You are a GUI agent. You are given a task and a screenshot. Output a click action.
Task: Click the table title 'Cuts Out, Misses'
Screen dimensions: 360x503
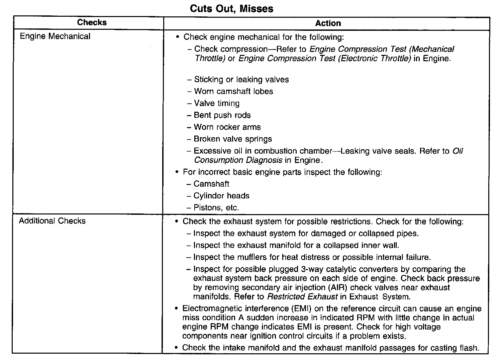pos(231,8)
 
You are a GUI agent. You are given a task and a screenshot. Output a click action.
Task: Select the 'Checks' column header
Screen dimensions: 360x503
pos(92,23)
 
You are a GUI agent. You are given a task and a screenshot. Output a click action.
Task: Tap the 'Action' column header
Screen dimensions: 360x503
pos(328,23)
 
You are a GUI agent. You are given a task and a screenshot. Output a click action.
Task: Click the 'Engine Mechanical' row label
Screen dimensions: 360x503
pos(55,36)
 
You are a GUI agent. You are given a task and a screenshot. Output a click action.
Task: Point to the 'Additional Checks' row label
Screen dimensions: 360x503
pos(52,221)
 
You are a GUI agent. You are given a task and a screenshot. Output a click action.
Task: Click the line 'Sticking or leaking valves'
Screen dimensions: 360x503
pos(241,80)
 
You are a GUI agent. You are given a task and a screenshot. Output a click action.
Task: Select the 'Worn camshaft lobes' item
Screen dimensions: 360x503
pos(233,92)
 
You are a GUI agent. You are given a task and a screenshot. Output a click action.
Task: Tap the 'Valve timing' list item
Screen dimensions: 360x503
pos(217,103)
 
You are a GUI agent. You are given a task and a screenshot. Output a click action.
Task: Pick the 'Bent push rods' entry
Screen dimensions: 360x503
pos(222,115)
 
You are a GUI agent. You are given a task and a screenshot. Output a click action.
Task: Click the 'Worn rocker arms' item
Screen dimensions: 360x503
pos(227,127)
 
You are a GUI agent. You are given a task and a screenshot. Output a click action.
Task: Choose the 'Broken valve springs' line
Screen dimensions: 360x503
pos(233,139)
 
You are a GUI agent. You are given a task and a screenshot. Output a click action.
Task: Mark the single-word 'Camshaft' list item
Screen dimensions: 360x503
pos(211,184)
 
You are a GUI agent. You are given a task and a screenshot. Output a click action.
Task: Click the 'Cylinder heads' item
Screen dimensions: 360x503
pos(221,196)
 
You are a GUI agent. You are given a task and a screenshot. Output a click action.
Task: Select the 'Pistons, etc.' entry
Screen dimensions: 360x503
pos(216,208)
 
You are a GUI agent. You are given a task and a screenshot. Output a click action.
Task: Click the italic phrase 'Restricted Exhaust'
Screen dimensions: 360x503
pos(302,297)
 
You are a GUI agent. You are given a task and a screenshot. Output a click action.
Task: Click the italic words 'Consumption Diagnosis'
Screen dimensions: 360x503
pos(238,160)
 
